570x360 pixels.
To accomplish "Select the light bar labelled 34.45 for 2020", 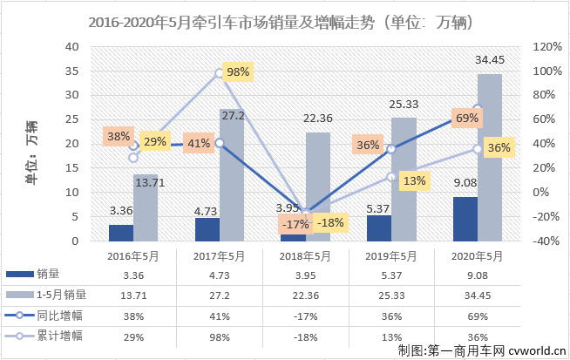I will pos(489,158).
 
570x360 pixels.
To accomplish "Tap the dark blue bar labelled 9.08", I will pos(465,219).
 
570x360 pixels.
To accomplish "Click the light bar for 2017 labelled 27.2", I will pos(232,175).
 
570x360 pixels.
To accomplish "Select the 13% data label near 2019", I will pos(415,180).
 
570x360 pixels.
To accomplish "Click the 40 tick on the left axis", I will pos(71,46).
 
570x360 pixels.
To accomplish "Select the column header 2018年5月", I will pos(305,255).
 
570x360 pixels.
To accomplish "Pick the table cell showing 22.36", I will pos(305,294).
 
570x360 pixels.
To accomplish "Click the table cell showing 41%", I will pos(219,313).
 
